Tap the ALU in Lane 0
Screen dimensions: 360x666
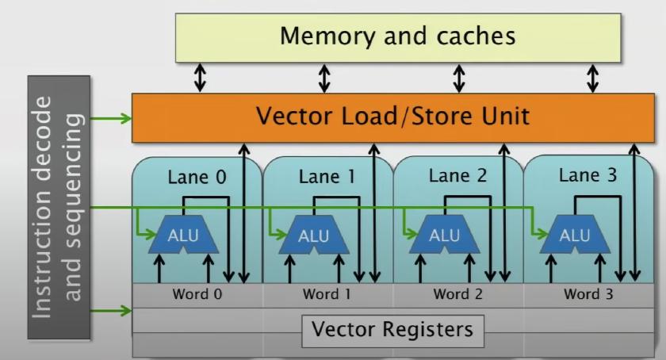tap(183, 236)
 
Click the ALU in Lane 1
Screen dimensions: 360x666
tap(314, 236)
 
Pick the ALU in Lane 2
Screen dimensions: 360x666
tap(444, 236)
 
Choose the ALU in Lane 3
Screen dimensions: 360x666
tap(574, 236)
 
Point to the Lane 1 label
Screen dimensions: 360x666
tap(327, 177)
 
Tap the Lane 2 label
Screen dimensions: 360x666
tap(457, 177)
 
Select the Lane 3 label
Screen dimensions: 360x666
tap(588, 175)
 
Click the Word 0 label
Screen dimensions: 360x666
tap(197, 294)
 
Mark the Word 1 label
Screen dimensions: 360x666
tap(327, 294)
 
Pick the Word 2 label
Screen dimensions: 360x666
tap(457, 294)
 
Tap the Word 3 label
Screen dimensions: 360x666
tap(588, 294)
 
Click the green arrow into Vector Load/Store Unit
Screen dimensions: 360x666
tap(112, 119)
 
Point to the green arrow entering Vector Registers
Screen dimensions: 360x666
tap(112, 311)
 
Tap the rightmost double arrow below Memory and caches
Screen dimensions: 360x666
tap(592, 78)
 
